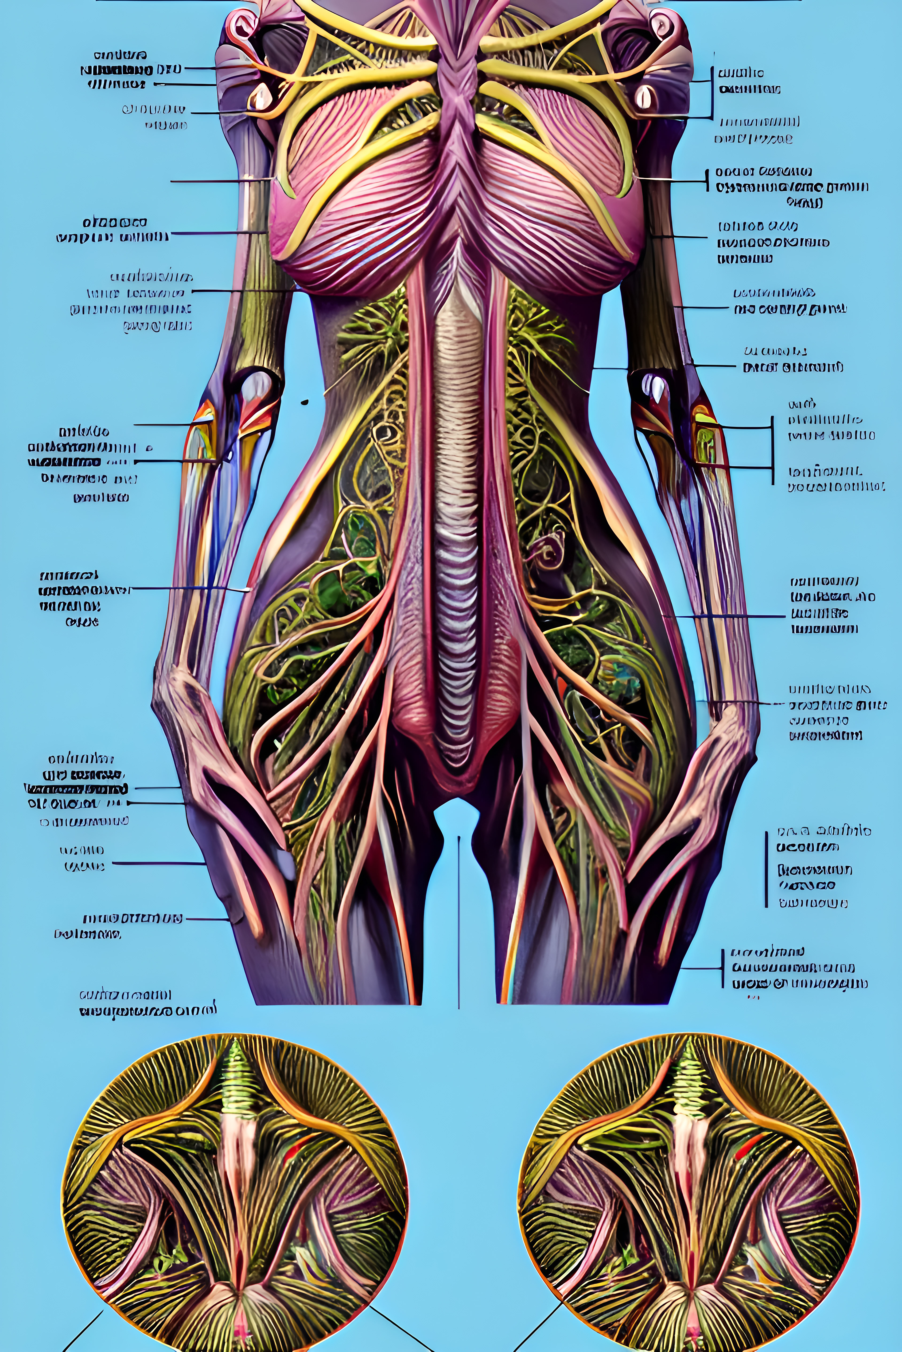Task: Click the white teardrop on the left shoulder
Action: [260, 96]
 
